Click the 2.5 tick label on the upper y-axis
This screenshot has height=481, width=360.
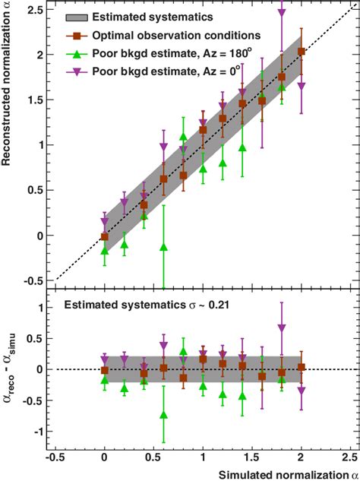click(33, 10)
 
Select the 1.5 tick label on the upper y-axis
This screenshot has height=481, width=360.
click(33, 100)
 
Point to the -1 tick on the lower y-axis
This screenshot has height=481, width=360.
click(37, 431)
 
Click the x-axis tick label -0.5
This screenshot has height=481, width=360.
click(55, 458)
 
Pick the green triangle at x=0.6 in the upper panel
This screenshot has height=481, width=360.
click(163, 247)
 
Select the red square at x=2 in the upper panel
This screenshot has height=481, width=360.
click(302, 52)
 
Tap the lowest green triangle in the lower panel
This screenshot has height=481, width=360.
click(163, 415)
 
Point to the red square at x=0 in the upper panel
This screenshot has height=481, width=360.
click(105, 237)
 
